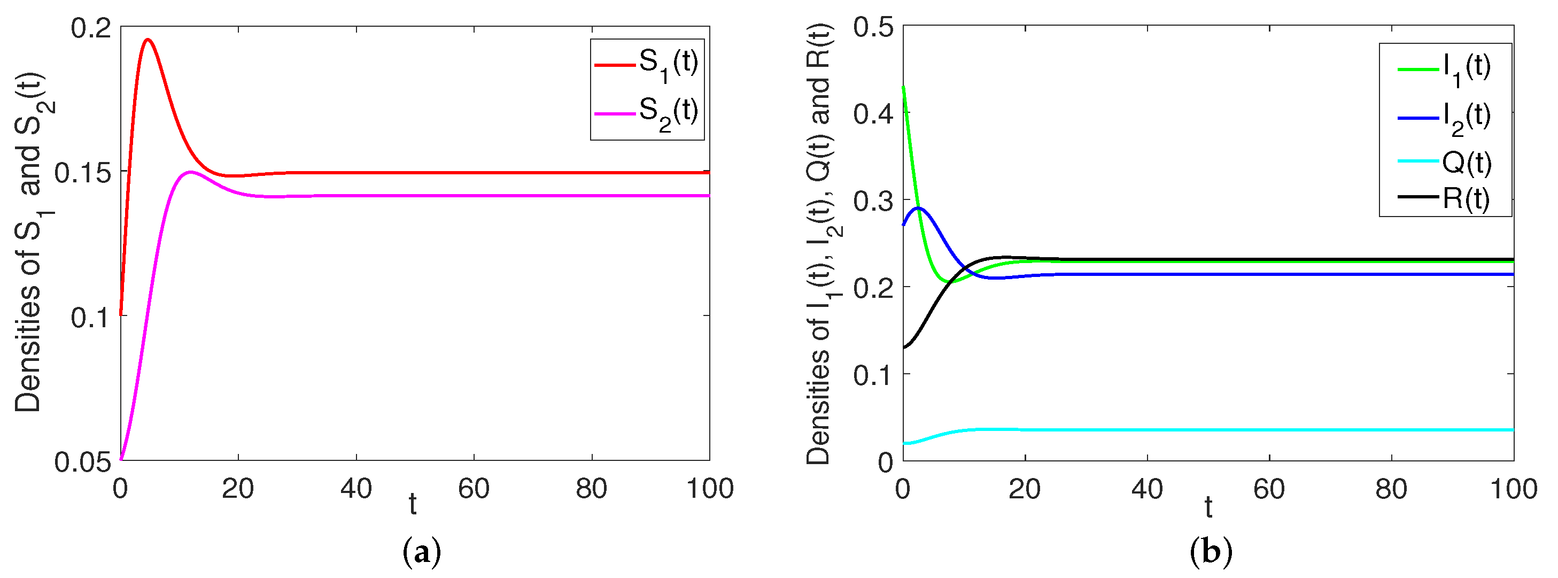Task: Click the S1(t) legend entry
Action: click(647, 64)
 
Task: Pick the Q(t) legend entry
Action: click(1446, 161)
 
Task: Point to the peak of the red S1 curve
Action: click(148, 40)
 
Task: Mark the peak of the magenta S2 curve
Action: click(190, 172)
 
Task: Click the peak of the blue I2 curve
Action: click(919, 207)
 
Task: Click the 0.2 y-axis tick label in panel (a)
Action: click(91, 28)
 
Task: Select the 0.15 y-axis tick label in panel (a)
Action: click(83, 173)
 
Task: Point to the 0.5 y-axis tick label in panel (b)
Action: click(873, 27)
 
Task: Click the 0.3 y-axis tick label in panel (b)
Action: click(873, 201)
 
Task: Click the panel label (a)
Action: click(422, 552)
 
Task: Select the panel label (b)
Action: click(1210, 552)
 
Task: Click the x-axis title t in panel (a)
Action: click(413, 504)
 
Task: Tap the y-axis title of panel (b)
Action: click(820, 244)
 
